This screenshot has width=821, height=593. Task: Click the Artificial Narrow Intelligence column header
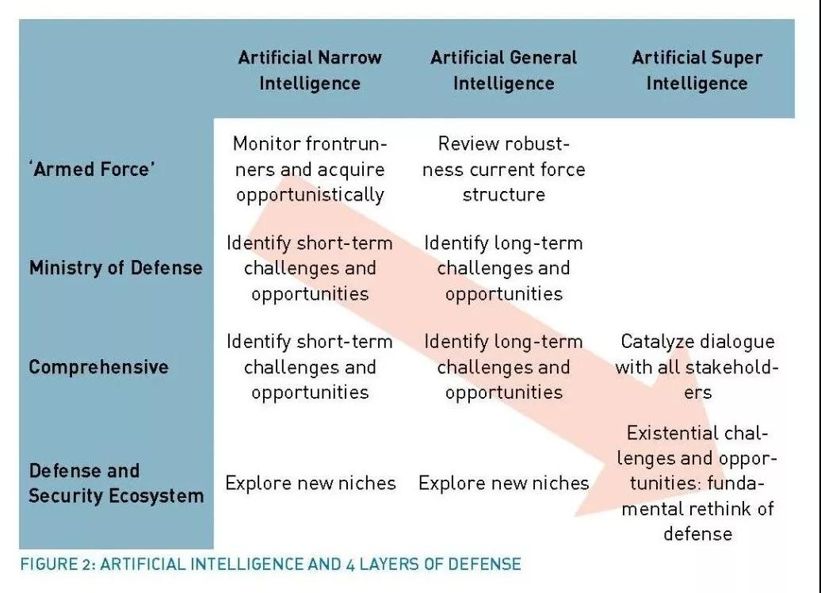[310, 71]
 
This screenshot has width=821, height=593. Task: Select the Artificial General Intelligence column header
[504, 71]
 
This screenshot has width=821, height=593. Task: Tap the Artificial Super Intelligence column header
[697, 71]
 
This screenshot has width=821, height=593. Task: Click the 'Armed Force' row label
[92, 169]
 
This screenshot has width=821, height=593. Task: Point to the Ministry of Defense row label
[116, 268]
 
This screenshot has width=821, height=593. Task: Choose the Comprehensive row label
[99, 367]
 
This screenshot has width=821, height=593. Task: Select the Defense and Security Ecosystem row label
[116, 483]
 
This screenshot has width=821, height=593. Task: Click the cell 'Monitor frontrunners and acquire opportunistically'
[310, 169]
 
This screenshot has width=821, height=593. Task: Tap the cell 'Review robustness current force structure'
[504, 169]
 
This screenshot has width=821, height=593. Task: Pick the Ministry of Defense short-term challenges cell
[310, 268]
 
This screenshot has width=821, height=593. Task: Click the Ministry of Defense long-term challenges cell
[504, 268]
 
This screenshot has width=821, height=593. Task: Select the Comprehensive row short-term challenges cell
[310, 367]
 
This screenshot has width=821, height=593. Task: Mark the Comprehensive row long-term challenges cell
[504, 367]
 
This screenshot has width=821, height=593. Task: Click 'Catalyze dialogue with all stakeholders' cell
[697, 367]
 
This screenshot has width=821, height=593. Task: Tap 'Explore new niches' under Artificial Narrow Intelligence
[311, 483]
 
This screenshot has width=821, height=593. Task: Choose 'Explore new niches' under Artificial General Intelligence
[504, 483]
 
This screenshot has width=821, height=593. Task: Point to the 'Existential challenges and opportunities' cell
[697, 483]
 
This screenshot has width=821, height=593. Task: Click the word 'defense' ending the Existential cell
[698, 534]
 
